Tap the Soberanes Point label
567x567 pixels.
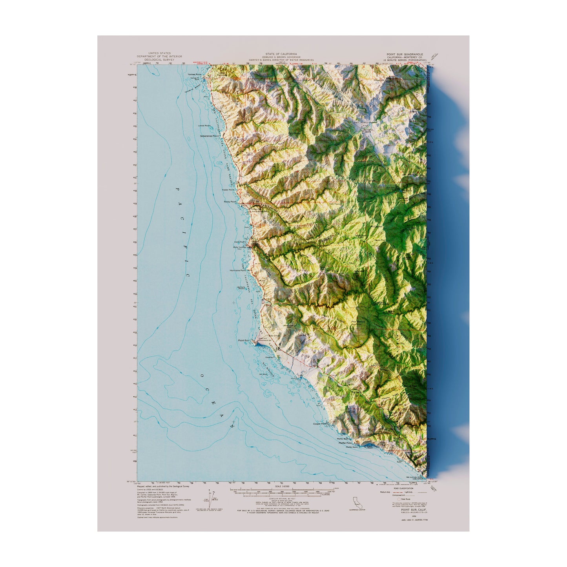[x=209, y=136]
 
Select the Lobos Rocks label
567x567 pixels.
[x=204, y=126]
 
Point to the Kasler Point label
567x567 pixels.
[x=228, y=190]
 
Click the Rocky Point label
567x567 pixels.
[x=230, y=202]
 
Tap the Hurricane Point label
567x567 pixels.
[x=238, y=270]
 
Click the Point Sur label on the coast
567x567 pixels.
[x=244, y=340]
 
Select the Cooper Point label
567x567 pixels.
[x=320, y=424]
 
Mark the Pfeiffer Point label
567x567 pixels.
[x=345, y=443]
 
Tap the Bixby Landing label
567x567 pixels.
[x=240, y=247]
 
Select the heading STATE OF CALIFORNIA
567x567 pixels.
[x=281, y=54]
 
